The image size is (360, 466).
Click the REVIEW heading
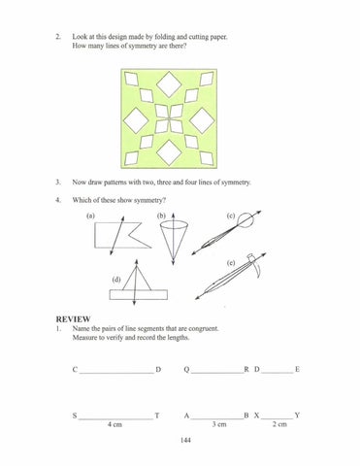click(x=73, y=319)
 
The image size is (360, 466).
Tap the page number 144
click(x=185, y=440)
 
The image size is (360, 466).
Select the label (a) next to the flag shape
click(x=90, y=216)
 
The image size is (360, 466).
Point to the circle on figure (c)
click(x=245, y=221)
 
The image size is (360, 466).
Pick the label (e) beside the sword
click(x=231, y=263)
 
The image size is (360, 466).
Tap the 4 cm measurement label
click(x=115, y=424)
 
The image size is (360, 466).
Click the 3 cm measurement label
click(x=219, y=424)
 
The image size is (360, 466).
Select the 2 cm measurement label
click(x=279, y=424)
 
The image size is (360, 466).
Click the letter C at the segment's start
click(x=75, y=370)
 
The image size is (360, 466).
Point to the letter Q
click(x=186, y=370)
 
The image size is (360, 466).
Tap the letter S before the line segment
click(x=75, y=416)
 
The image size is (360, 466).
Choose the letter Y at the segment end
click(x=297, y=416)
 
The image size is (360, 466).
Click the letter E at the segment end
click(x=297, y=369)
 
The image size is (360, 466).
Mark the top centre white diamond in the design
click(x=169, y=84)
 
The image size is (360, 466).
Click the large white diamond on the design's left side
click(x=136, y=120)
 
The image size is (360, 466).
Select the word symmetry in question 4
click(x=148, y=200)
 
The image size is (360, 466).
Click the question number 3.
click(x=58, y=183)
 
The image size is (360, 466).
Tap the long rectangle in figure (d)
click(x=139, y=294)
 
